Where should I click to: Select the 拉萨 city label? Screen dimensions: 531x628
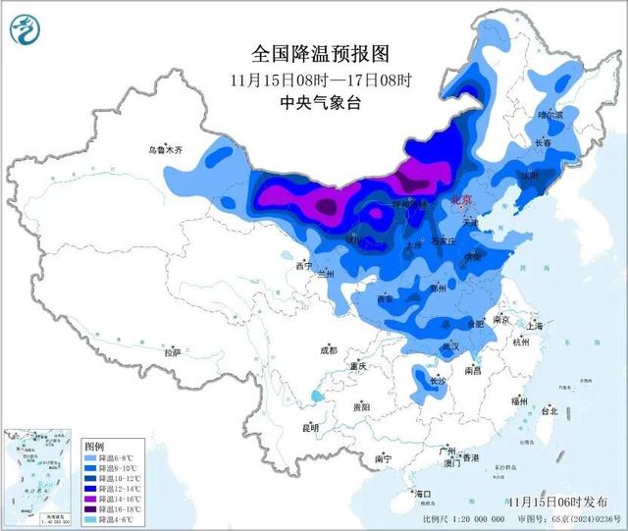(173, 351)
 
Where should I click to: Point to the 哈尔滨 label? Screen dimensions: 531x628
(550, 115)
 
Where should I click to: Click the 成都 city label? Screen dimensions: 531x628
(327, 350)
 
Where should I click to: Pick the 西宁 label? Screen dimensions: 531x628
(304, 266)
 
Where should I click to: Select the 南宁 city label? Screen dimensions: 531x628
(383, 458)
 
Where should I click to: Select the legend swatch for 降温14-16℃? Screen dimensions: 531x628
(90, 499)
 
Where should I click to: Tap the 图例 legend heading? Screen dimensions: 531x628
(93, 445)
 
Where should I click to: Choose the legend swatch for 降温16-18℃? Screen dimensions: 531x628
(90, 509)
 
